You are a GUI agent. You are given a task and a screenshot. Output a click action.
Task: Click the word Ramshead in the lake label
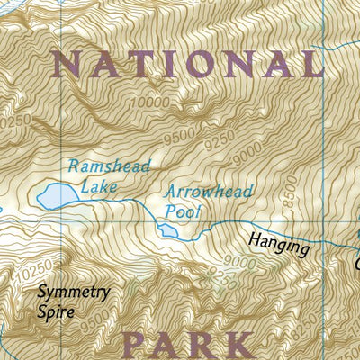107,167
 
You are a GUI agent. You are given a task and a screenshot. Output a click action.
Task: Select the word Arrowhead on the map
209,192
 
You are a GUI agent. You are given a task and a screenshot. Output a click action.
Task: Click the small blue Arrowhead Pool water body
167,231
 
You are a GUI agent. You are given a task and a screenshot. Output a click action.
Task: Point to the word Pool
183,212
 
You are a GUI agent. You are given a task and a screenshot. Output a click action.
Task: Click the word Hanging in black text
280,246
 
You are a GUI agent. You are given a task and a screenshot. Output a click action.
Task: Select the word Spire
58,316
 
